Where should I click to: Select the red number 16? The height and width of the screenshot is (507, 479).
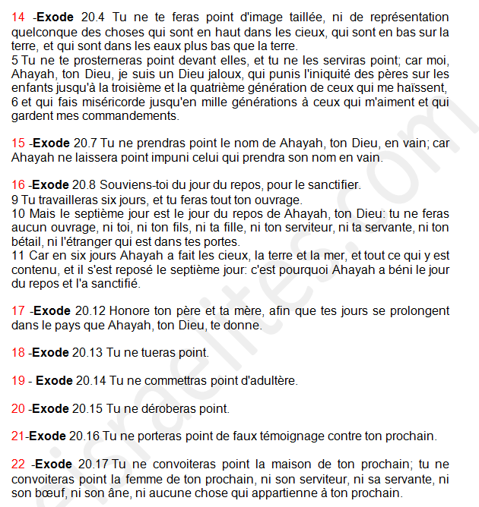18,184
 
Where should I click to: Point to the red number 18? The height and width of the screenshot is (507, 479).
18,352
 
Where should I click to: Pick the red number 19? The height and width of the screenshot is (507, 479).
18,380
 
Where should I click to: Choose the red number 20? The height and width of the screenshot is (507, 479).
18,408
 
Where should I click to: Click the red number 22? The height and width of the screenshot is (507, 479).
18,464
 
